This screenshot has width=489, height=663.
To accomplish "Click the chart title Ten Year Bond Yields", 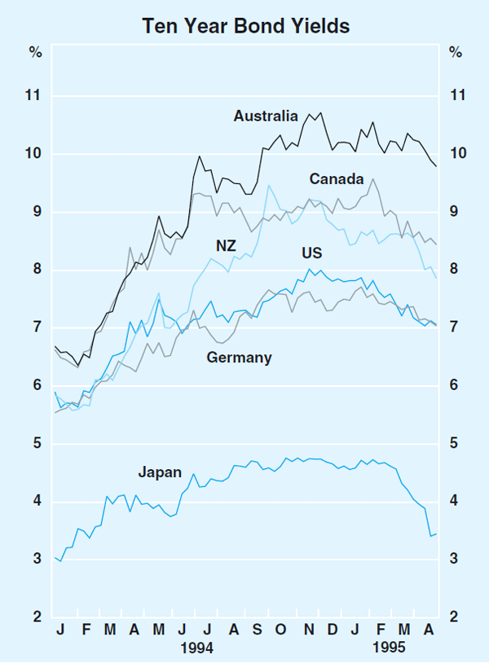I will [x=245, y=26].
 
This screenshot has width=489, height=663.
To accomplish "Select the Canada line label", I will [x=337, y=178].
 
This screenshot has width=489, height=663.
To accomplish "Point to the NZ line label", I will [x=226, y=245].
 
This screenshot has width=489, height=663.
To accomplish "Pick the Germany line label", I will [x=240, y=358].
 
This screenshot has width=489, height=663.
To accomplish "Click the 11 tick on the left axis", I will [x=34, y=96].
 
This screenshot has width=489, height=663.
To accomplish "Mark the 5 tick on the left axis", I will [x=36, y=443].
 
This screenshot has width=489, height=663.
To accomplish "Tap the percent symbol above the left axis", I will [x=35, y=54].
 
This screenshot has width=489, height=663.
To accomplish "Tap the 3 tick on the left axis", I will [x=36, y=559].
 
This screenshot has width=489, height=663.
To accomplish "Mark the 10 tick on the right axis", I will [x=456, y=154].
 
